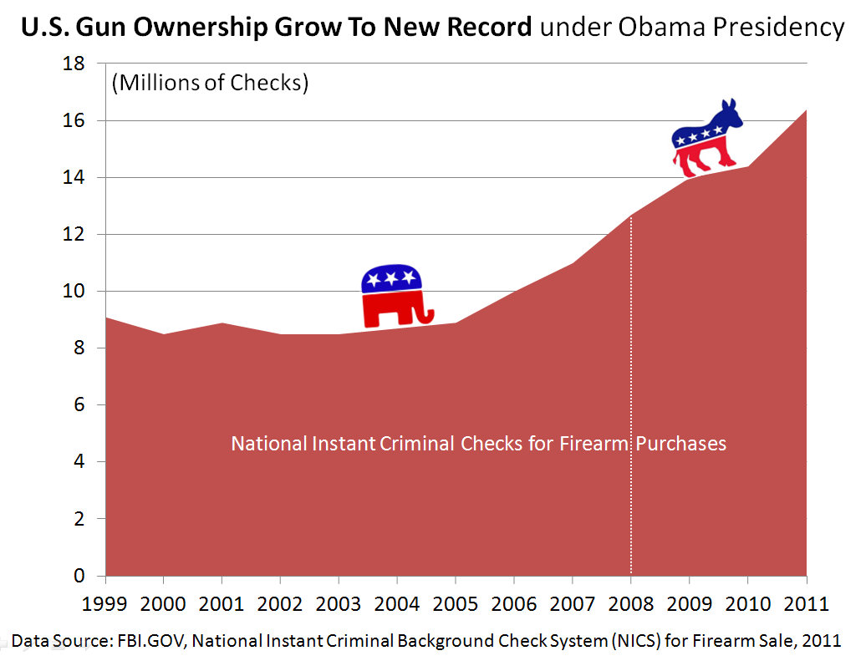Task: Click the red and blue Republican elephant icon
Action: pyautogui.click(x=395, y=297)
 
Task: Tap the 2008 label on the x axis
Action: pyautogui.click(x=630, y=603)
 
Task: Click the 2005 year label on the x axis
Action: pyautogui.click(x=455, y=603)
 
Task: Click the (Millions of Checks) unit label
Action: pyautogui.click(x=210, y=84)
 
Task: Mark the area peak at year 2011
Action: pyautogui.click(x=805, y=111)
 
